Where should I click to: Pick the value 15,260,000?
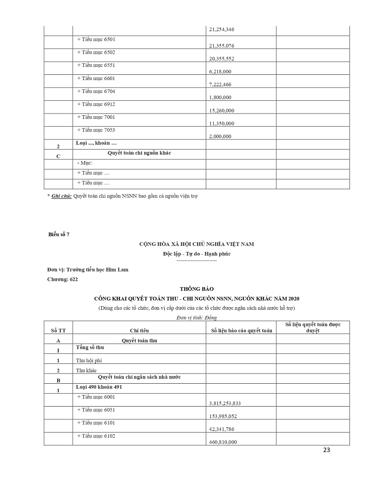[221, 110]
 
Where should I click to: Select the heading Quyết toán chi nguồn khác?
[139, 153]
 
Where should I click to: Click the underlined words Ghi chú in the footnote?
[62, 196]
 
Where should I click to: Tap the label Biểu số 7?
[59, 235]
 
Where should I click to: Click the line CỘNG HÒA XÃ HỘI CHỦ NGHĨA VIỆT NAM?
[196, 244]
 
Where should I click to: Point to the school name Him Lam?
[119, 270]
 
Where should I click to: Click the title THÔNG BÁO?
[196, 289]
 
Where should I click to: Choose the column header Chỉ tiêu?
[139, 330]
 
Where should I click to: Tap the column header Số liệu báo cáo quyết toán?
[242, 330]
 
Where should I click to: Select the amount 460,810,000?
[221, 442]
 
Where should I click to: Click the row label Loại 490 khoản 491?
[99, 387]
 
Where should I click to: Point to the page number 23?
[326, 450]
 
